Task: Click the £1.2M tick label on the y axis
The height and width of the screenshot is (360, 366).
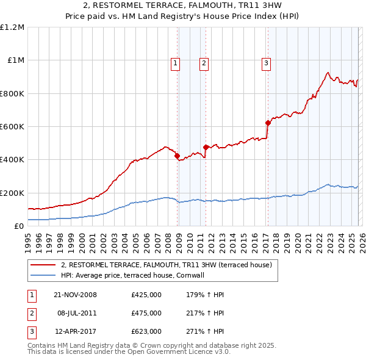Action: click(x=12, y=27)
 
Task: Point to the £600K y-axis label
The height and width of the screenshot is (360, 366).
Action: click(x=12, y=127)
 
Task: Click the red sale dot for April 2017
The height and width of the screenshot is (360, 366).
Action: click(x=268, y=123)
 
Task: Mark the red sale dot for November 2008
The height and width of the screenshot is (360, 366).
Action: click(x=178, y=156)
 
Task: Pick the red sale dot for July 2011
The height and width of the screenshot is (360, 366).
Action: click(x=206, y=147)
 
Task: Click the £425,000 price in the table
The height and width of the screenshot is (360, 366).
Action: click(x=146, y=295)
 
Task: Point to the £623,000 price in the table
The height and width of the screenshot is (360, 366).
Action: click(x=146, y=332)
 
